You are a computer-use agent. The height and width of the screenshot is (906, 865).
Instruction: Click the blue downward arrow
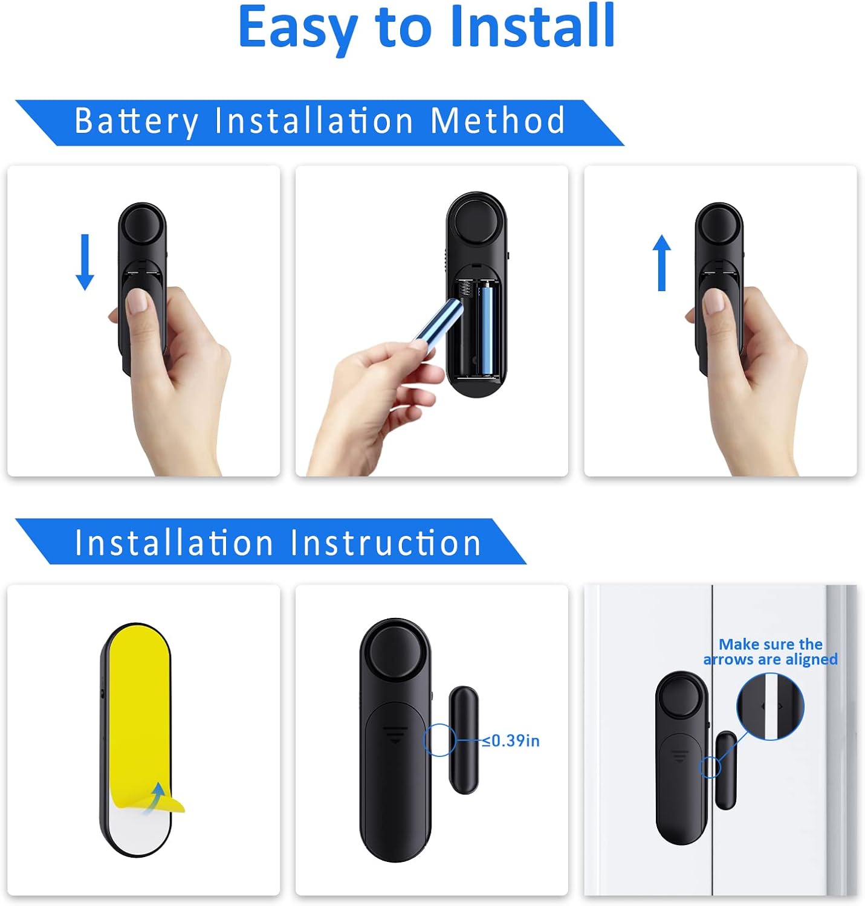click(x=85, y=262)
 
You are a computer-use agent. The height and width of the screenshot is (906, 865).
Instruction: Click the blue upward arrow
click(x=661, y=262)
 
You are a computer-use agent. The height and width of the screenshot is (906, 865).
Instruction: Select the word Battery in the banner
click(x=137, y=121)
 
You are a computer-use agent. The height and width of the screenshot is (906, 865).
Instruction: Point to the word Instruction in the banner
click(x=386, y=542)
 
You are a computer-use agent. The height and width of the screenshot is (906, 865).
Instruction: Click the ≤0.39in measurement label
click(x=511, y=740)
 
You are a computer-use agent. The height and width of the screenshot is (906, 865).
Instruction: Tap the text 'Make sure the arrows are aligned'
click(x=771, y=651)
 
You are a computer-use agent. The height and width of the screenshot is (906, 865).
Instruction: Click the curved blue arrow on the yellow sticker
click(x=155, y=798)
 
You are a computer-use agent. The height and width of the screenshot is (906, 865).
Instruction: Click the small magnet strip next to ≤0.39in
click(x=464, y=740)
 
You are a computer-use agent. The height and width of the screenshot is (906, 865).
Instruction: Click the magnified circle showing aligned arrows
click(x=770, y=707)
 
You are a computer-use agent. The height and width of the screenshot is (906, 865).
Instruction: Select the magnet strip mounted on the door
click(x=726, y=769)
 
